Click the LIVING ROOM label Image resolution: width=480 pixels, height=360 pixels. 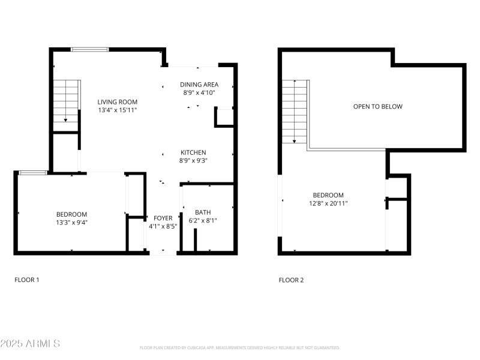pyautogui.click(x=118, y=102)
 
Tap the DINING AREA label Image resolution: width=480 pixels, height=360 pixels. pyautogui.click(x=199, y=85)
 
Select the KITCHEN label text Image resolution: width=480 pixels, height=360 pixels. pyautogui.click(x=193, y=152)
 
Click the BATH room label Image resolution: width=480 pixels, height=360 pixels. pyautogui.click(x=203, y=212)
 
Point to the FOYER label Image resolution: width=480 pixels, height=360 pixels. pyautogui.click(x=163, y=218)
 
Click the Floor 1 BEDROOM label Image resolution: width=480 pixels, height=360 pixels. pyautogui.click(x=71, y=214)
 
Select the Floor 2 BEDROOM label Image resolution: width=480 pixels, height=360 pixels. pyautogui.click(x=328, y=195)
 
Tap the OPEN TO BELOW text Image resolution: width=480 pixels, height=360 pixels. pyautogui.click(x=377, y=107)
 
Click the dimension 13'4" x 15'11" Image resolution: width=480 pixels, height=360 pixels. pyautogui.click(x=118, y=110)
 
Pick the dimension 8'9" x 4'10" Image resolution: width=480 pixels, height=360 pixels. pyautogui.click(x=199, y=93)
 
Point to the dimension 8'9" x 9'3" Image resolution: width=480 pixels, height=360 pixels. pyautogui.click(x=193, y=161)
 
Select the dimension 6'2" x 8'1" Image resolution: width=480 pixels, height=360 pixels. pyautogui.click(x=203, y=221)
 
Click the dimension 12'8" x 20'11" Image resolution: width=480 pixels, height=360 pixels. pyautogui.click(x=328, y=203)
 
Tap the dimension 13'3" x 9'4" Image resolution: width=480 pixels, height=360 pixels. pyautogui.click(x=71, y=223)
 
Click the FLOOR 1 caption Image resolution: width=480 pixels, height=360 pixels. pyautogui.click(x=27, y=280)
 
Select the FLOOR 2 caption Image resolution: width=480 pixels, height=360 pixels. pyautogui.click(x=291, y=280)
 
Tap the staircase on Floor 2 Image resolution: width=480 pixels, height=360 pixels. pyautogui.click(x=295, y=111)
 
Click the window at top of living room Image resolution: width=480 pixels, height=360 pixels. pyautogui.click(x=89, y=49)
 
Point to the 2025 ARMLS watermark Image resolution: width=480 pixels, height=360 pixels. pyautogui.click(x=30, y=344)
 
